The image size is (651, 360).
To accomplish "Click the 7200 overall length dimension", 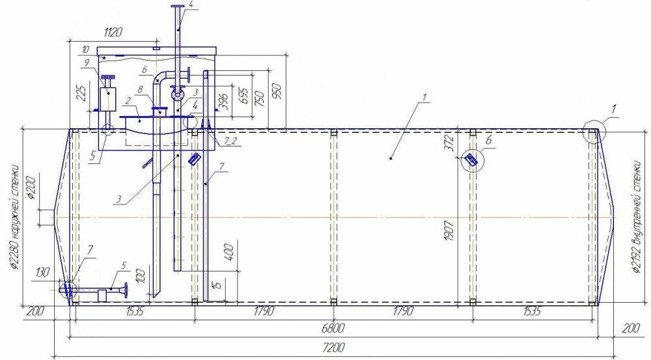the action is click(x=333, y=347).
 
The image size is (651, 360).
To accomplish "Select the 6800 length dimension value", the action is click(x=333, y=328).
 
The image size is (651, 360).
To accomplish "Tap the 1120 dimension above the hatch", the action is click(x=113, y=33).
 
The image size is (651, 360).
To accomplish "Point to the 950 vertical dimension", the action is click(x=277, y=91).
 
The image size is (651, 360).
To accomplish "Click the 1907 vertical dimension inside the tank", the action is click(x=449, y=231).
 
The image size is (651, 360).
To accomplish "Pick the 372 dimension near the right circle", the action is click(x=449, y=144).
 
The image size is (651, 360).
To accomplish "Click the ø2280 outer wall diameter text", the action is click(x=15, y=217).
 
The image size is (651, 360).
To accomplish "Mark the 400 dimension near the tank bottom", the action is click(x=229, y=252).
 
